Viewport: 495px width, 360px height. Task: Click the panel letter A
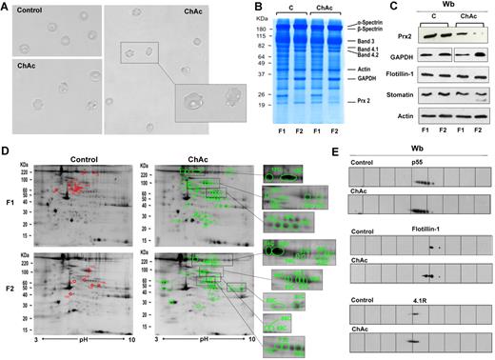(x=6, y=6)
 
